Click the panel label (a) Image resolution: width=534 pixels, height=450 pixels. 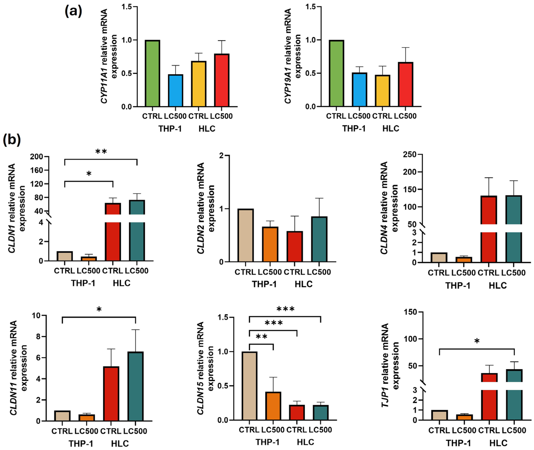pos(73,11)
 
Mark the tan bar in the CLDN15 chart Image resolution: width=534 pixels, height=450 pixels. pos(249,386)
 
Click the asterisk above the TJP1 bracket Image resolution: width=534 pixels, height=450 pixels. pos(477,341)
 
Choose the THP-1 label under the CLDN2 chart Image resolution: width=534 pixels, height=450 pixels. pos(264,284)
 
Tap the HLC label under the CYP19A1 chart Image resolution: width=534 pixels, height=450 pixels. pos(391,129)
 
